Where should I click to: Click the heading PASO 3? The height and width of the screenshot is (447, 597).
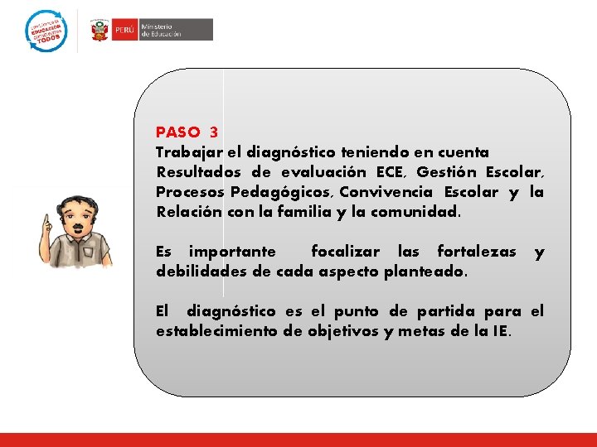187,132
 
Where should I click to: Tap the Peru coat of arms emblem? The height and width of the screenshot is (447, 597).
100,31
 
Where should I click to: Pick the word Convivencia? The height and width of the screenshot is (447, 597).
385,192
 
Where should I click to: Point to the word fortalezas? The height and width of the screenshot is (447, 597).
476,252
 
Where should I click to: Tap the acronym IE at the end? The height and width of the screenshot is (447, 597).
501,331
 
